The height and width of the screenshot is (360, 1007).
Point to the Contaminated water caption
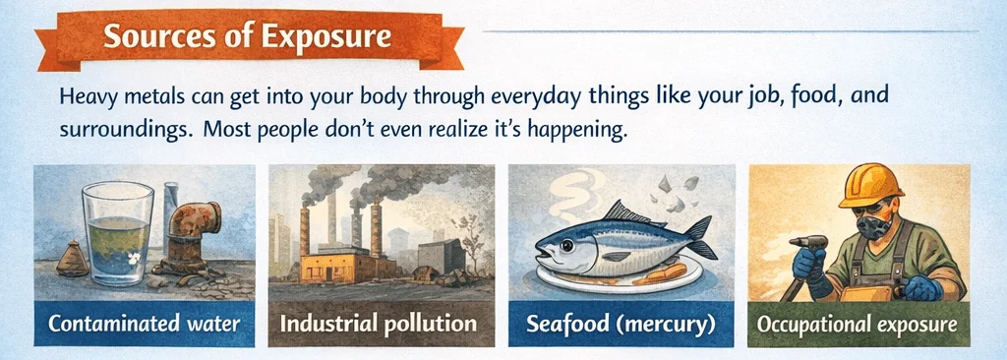(x=144, y=324)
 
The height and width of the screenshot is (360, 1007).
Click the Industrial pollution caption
(x=380, y=324)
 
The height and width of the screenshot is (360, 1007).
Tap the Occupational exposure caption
(x=859, y=324)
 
